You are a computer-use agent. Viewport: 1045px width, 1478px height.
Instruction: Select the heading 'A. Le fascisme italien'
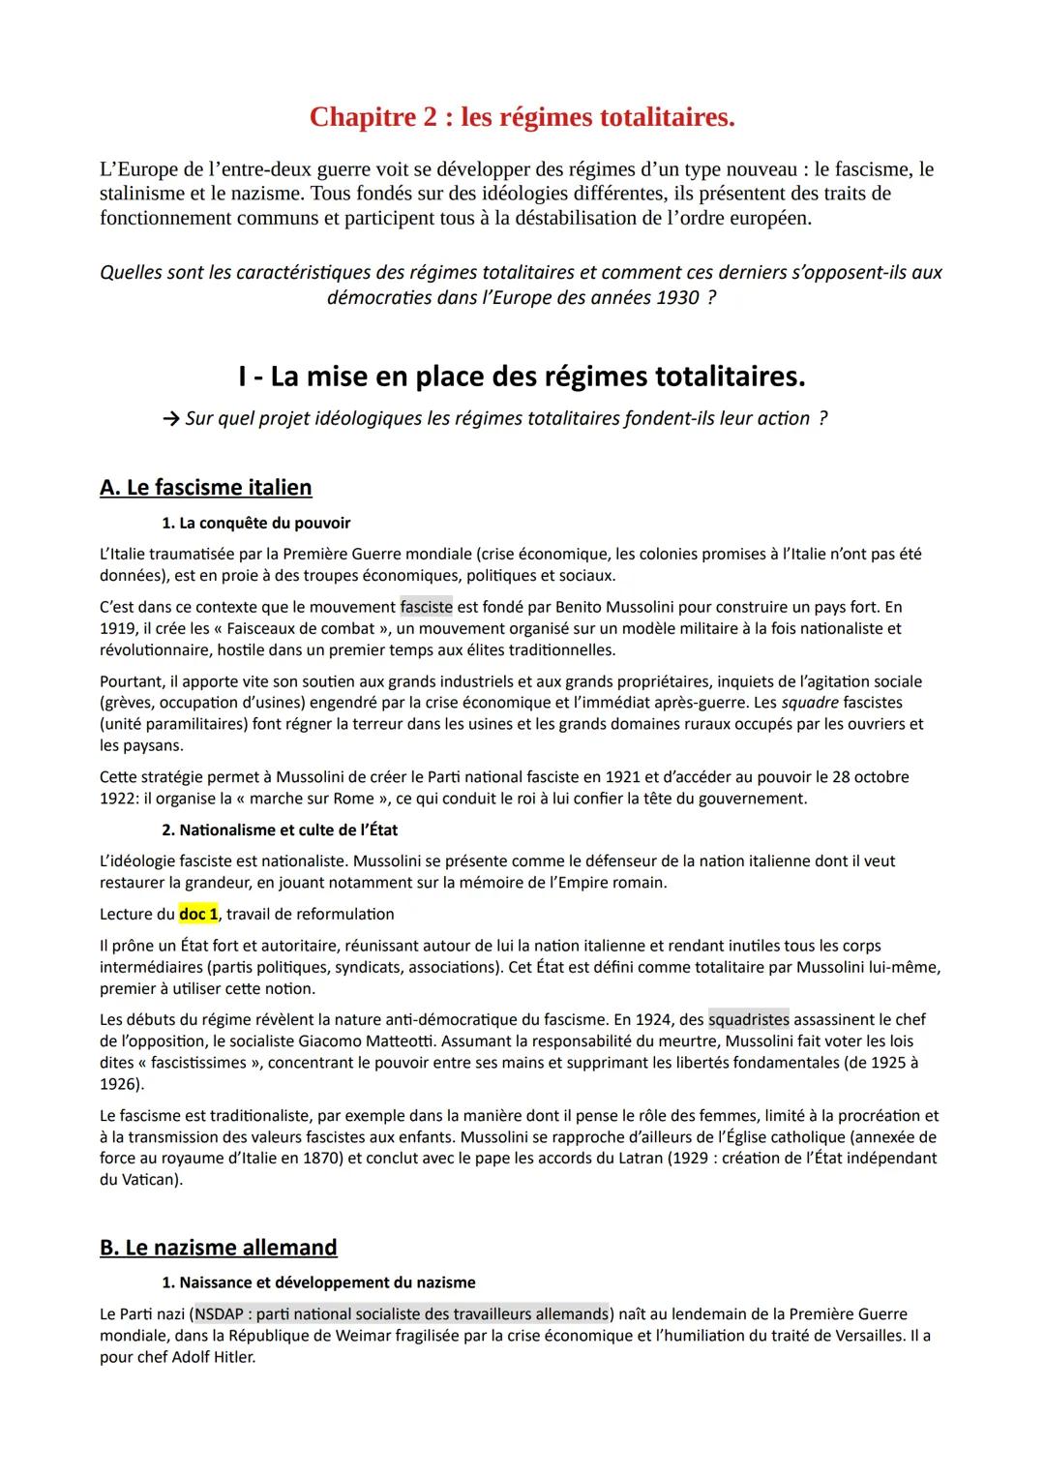[x=205, y=487]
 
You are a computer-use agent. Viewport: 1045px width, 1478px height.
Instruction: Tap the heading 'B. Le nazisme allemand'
[x=218, y=1248]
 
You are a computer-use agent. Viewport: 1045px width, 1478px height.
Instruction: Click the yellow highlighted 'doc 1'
[x=198, y=914]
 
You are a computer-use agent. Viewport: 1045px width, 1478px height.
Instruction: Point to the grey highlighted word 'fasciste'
[x=426, y=607]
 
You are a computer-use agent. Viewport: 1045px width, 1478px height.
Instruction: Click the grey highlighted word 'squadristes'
[x=748, y=1019]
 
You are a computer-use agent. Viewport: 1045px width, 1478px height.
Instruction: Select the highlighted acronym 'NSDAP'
[x=222, y=1313]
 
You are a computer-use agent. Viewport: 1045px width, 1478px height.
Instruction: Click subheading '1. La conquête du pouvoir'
[x=255, y=523]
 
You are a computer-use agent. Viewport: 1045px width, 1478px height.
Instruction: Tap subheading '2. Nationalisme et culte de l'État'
[x=280, y=829]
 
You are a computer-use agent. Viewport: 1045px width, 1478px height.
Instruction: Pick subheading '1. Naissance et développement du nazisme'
[x=318, y=1282]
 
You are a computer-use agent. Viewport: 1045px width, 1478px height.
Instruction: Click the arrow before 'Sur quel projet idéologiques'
[x=171, y=419]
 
